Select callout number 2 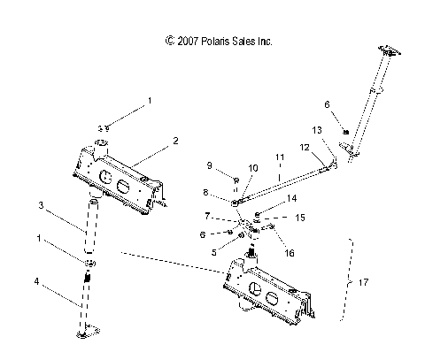tap(175, 142)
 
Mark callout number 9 tap(210, 165)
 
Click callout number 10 tap(253, 167)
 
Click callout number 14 tap(292, 198)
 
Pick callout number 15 tap(300, 218)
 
